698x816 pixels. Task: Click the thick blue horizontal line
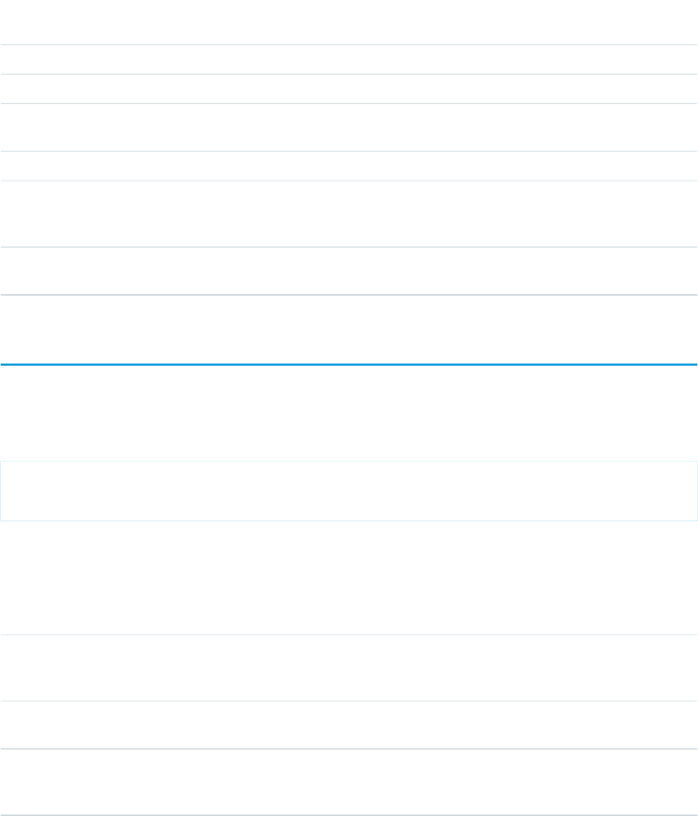click(349, 365)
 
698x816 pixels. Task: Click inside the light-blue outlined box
click(349, 490)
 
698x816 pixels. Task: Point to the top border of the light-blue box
click(349, 461)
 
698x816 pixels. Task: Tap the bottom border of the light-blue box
click(349, 520)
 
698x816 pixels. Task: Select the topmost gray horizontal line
click(349, 45)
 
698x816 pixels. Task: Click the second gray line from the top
click(349, 75)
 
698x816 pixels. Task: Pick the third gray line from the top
click(349, 104)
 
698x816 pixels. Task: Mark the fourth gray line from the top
click(349, 151)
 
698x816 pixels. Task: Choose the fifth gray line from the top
click(349, 181)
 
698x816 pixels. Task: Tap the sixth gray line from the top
click(349, 247)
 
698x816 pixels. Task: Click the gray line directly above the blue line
click(349, 295)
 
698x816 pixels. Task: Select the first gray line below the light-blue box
click(349, 635)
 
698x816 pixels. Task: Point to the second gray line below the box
click(349, 701)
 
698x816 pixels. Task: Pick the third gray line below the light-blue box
click(349, 749)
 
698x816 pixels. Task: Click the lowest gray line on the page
click(349, 815)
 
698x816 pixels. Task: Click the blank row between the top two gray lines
click(349, 60)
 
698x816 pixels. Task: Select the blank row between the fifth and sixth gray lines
click(349, 214)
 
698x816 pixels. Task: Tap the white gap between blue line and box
click(349, 413)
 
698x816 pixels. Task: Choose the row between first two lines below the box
click(349, 668)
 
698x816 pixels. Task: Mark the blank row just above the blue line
click(349, 330)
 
